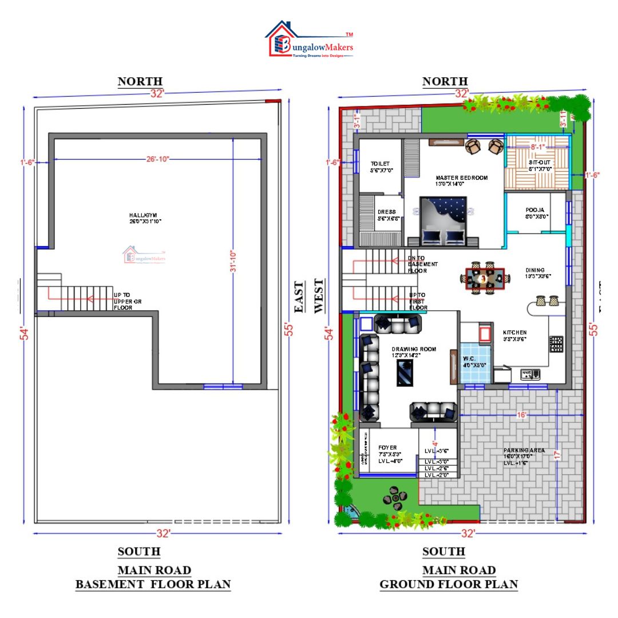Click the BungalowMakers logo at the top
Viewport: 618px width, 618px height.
point(309,40)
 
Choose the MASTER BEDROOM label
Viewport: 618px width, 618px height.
point(461,178)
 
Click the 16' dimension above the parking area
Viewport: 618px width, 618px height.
point(521,415)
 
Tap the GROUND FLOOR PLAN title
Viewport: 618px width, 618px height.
point(449,585)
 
